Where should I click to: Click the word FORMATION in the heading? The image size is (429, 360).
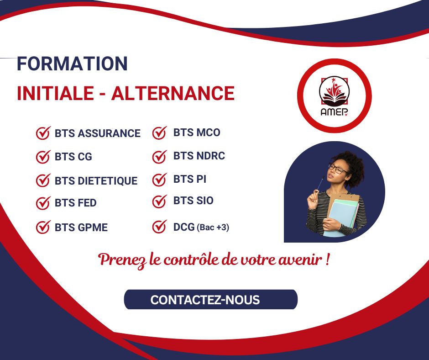click(x=72, y=64)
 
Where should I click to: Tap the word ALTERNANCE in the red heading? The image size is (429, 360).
click(x=173, y=93)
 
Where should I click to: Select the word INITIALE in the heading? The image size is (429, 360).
click(x=55, y=93)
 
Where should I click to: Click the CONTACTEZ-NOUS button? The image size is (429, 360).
click(x=211, y=299)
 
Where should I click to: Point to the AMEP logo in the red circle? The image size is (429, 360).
click(x=334, y=96)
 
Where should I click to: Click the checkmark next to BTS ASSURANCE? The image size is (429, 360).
click(x=43, y=133)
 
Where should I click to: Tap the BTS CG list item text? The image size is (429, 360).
click(x=73, y=157)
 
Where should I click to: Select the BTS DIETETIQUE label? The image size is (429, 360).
click(x=96, y=181)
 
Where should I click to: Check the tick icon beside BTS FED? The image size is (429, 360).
click(x=43, y=203)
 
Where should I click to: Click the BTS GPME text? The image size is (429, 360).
click(x=81, y=228)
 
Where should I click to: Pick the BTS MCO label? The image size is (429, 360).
click(x=197, y=132)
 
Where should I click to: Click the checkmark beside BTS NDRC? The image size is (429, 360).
click(x=160, y=157)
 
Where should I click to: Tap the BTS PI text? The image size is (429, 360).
click(x=190, y=179)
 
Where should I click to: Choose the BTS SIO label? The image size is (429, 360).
click(x=194, y=201)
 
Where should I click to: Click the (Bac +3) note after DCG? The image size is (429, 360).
click(x=213, y=228)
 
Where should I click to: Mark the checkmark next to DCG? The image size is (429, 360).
click(x=160, y=227)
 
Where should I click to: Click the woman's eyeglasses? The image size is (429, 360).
click(x=338, y=169)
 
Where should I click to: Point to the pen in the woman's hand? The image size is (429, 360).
click(x=320, y=183)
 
